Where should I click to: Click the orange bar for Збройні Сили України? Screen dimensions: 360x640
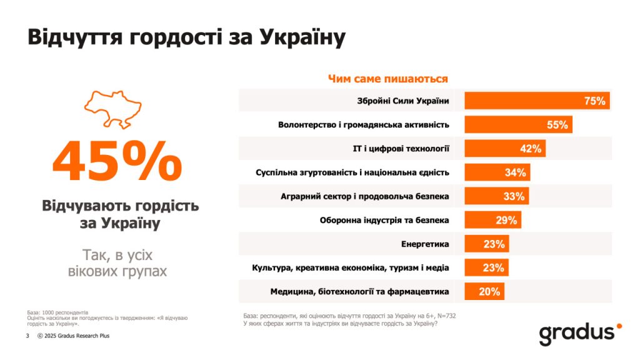[536, 101]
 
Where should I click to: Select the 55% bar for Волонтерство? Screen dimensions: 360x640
[517, 124]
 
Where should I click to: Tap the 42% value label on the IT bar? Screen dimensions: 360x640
[530, 149]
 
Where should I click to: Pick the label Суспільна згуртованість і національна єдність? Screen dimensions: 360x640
[352, 172]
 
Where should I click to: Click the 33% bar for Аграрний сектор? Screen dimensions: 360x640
[496, 196]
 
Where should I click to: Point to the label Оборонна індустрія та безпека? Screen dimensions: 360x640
[384, 220]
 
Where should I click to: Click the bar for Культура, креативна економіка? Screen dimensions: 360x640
[486, 267]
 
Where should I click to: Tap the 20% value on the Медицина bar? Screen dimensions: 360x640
[489, 291]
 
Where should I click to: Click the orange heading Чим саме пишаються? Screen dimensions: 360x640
[387, 79]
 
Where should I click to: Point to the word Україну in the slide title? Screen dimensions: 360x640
[299, 37]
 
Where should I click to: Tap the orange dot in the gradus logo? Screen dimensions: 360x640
[619, 326]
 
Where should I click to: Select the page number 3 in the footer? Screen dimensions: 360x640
[27, 336]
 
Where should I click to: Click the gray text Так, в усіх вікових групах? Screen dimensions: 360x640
[117, 263]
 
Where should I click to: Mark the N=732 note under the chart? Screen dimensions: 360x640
[445, 316]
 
